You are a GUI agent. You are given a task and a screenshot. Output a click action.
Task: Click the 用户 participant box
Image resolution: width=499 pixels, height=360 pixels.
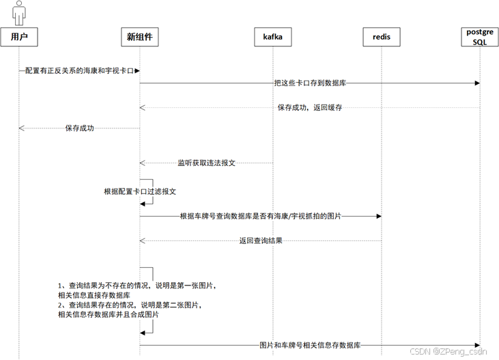18,37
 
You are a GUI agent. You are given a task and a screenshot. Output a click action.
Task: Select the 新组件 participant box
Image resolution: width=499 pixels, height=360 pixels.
140,37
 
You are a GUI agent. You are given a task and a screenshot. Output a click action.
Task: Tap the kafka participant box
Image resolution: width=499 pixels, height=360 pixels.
273,37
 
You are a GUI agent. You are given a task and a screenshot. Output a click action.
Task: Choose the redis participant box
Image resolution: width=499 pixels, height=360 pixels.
382,37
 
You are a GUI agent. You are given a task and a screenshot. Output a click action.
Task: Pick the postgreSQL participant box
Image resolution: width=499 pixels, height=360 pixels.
480,37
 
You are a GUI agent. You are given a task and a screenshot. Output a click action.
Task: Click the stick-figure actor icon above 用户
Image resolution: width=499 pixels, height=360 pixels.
18,12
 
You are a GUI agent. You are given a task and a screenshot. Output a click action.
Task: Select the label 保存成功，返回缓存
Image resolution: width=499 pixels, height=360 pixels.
310,107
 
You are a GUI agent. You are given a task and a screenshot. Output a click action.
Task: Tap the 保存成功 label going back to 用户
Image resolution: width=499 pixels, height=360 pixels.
79,128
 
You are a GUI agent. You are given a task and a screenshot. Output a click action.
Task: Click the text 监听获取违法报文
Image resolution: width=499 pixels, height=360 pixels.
207,163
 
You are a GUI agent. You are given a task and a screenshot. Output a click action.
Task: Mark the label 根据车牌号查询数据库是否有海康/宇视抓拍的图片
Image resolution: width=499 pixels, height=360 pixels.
260,216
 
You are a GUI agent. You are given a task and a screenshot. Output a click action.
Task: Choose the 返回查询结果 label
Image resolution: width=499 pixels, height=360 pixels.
261,240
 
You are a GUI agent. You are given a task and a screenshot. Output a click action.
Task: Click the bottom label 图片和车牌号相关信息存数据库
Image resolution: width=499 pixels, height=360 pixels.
310,345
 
